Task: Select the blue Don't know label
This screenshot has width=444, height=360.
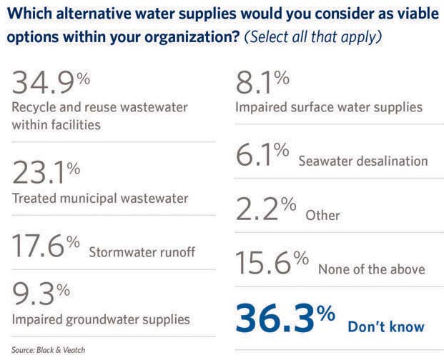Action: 386,327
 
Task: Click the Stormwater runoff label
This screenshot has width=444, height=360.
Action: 142,251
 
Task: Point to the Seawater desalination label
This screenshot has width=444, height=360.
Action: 363,161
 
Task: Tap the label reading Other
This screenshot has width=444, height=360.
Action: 322,215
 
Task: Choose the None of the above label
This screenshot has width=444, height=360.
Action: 372,269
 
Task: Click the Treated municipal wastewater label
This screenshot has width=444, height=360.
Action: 99,198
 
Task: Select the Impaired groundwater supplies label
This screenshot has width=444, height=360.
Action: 101,319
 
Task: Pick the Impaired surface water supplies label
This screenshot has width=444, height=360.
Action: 329,108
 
